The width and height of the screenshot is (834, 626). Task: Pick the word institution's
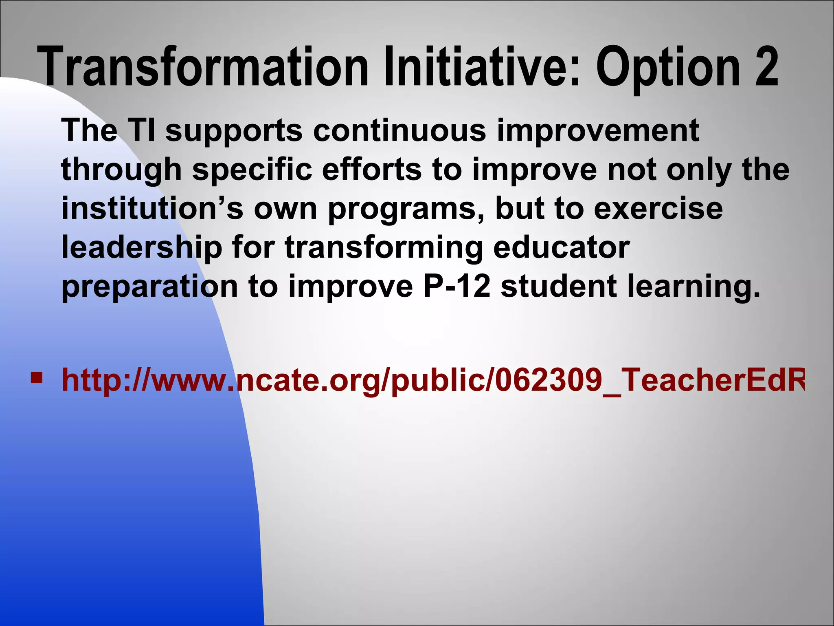[x=152, y=208]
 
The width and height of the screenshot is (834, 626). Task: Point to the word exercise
[x=658, y=208]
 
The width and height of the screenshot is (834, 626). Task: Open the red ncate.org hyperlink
[x=432, y=381]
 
